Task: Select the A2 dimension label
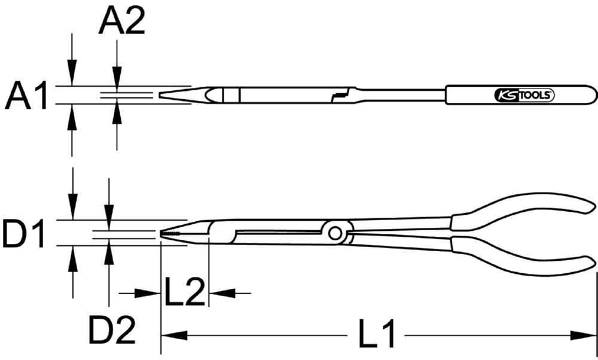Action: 121,23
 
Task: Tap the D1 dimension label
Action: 25,234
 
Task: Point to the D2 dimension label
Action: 112,330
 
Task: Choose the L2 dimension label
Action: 185,292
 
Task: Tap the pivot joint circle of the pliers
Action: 335,232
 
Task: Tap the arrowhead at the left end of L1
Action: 171,334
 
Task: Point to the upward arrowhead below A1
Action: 72,114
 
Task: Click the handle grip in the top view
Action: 520,94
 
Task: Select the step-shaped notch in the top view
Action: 341,94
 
